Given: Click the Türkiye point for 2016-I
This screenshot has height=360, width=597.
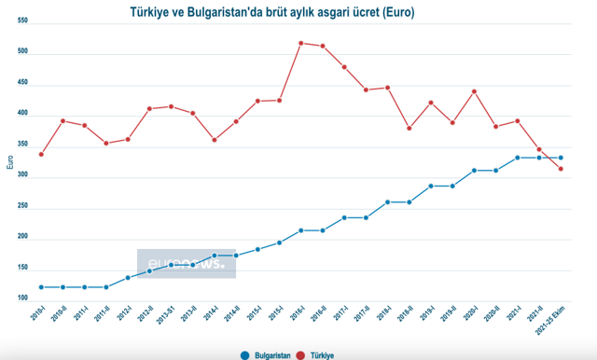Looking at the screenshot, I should point(301,43).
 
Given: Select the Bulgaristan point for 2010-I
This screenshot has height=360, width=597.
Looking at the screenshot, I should point(41,287).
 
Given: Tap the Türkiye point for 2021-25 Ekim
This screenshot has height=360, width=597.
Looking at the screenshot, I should point(561,169).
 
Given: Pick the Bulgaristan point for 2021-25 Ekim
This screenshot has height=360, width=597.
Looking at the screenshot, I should point(561,158).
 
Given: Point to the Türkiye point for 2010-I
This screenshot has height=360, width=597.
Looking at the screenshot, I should point(41,154).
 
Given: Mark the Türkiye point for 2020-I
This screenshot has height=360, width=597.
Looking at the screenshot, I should point(474,91).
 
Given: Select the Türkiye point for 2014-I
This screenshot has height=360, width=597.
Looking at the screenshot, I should point(215,140).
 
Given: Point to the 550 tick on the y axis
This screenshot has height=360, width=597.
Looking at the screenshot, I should point(23,22).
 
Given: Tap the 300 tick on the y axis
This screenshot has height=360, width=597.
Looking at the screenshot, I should point(23,176).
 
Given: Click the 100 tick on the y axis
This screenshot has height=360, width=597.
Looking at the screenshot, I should point(23,299).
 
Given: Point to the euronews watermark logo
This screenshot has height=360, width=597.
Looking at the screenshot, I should point(187,264).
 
